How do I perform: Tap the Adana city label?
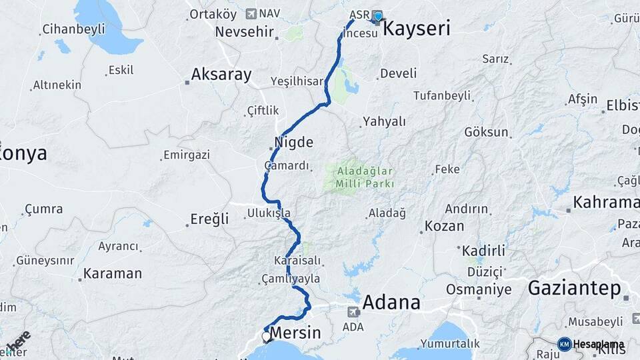tap(393, 302)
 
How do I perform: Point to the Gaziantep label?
tap(574, 288)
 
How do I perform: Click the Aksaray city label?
tap(221, 74)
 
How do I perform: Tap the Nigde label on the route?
tap(293, 142)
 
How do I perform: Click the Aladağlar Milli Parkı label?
tap(360, 177)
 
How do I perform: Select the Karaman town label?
tap(113, 273)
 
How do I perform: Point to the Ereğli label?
tap(209, 219)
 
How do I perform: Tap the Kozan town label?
tap(444, 225)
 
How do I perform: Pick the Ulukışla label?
tap(269, 213)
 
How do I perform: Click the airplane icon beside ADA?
tap(353, 311)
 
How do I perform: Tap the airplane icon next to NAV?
tap(251, 13)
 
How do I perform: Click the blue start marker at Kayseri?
tap(378, 17)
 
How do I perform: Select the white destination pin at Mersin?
tap(267, 337)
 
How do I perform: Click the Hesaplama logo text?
tap(598, 344)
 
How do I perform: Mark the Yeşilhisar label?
tap(297, 81)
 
